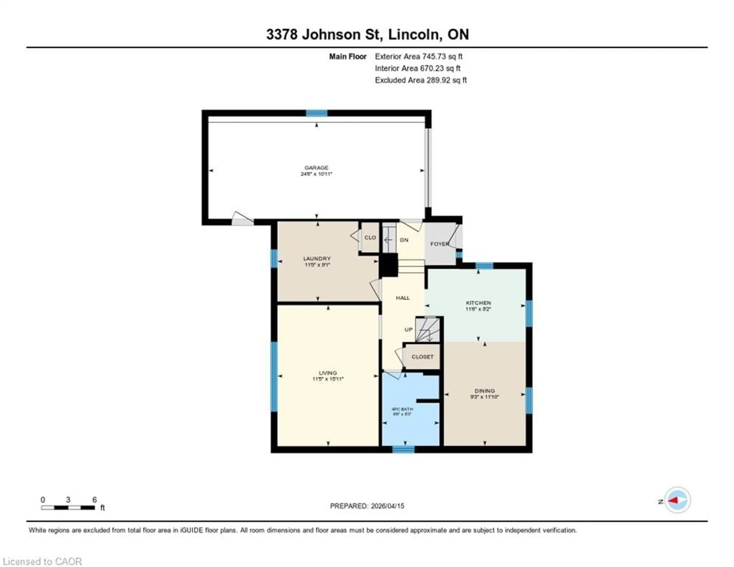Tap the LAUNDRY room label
pyautogui.click(x=317, y=258)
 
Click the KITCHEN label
pyautogui.click(x=478, y=303)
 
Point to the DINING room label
pyautogui.click(x=484, y=391)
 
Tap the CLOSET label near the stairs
pyautogui.click(x=422, y=357)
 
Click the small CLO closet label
pyautogui.click(x=370, y=237)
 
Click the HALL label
pyautogui.click(x=403, y=298)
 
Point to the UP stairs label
pyautogui.click(x=408, y=329)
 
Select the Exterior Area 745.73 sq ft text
pyautogui.click(x=418, y=56)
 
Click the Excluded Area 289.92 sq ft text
pyautogui.click(x=421, y=80)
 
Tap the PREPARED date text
pyautogui.click(x=367, y=506)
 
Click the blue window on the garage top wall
pyautogui.click(x=317, y=113)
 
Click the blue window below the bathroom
pyautogui.click(x=403, y=449)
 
